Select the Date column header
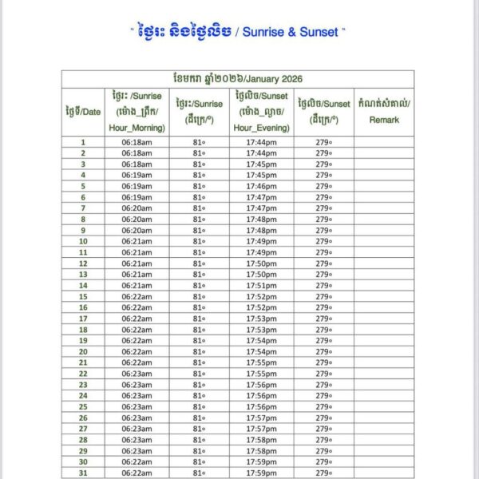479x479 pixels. point(82,111)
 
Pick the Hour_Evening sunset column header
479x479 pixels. point(261,111)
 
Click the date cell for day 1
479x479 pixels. point(82,141)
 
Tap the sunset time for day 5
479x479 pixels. point(261,186)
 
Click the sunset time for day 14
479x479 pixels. point(261,285)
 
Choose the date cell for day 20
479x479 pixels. point(82,351)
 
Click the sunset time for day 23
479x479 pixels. point(261,384)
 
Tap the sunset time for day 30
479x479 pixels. point(261,461)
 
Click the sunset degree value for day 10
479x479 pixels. point(323,241)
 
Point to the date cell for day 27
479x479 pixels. point(82,429)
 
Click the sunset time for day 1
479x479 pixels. point(261,141)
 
